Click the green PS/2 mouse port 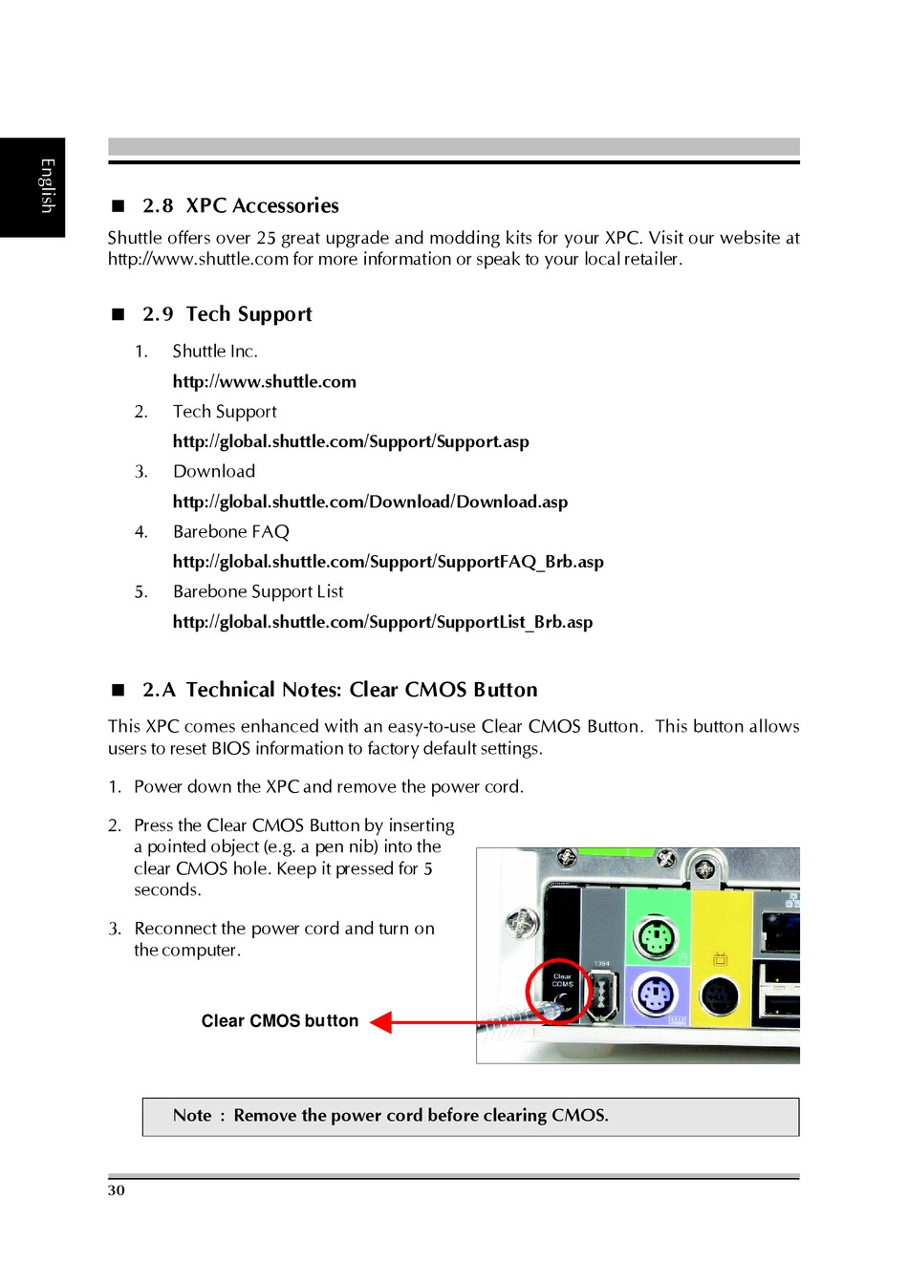(657, 937)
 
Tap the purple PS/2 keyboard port (655, 995)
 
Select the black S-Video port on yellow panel (719, 996)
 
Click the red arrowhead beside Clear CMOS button (381, 1022)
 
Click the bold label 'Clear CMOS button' (279, 1021)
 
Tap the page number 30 (117, 1190)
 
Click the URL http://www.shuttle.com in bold (264, 382)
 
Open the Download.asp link (370, 503)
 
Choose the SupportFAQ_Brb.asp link (388, 563)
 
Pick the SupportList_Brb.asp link (382, 623)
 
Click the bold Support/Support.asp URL (351, 442)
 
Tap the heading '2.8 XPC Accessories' (240, 206)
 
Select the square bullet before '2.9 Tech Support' (119, 314)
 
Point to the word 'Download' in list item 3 (214, 472)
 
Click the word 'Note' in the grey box (192, 1116)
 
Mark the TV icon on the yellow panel (720, 958)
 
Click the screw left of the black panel (521, 923)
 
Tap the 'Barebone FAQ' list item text (230, 532)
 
